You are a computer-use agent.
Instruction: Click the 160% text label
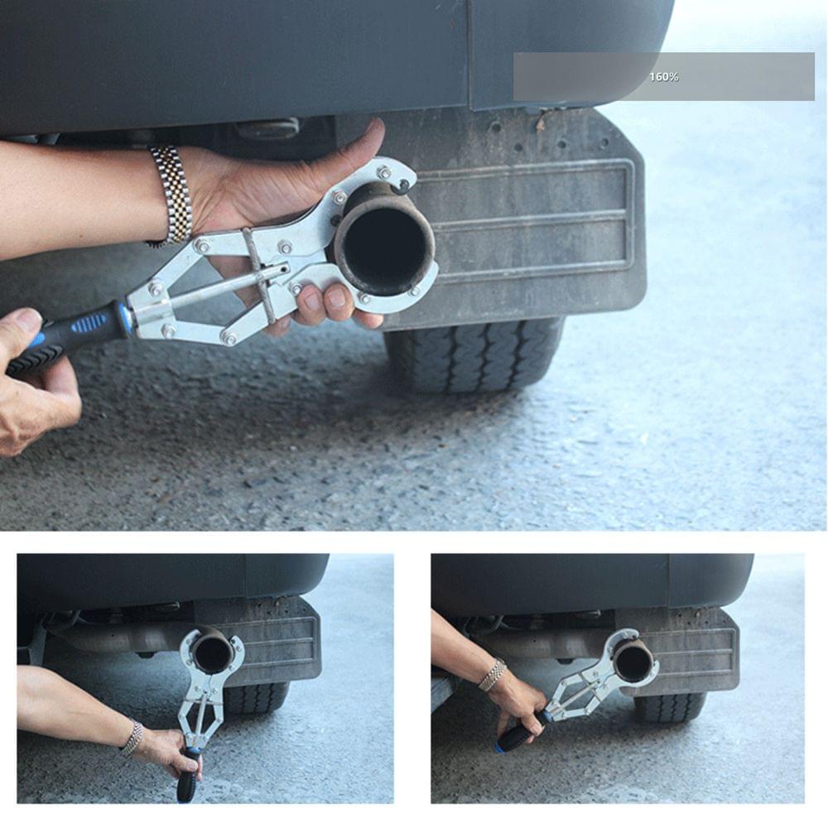(x=663, y=77)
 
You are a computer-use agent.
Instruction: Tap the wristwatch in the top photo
(x=171, y=197)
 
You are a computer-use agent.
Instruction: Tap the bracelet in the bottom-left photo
(x=132, y=738)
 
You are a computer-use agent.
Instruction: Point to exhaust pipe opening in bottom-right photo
(x=633, y=660)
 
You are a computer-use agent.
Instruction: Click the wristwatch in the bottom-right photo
(x=493, y=674)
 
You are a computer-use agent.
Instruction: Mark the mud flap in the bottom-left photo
(x=282, y=646)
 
